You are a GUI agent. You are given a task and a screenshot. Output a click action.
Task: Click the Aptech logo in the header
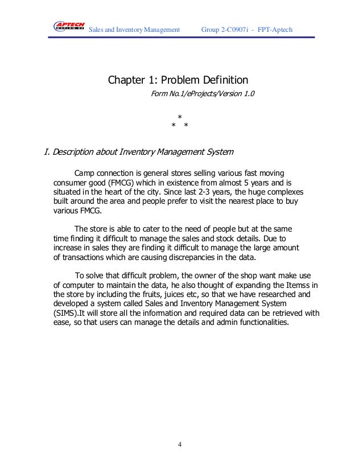[x=69, y=26]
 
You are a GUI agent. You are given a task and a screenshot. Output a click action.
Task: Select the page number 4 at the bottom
[x=180, y=444]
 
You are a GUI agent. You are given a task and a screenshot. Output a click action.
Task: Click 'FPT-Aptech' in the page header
[x=275, y=28]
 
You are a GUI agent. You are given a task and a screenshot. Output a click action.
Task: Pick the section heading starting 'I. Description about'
[x=138, y=152]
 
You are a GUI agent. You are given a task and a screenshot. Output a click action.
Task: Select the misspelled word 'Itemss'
[x=299, y=284]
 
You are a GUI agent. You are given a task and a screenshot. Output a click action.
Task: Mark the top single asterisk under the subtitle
[x=180, y=117]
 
